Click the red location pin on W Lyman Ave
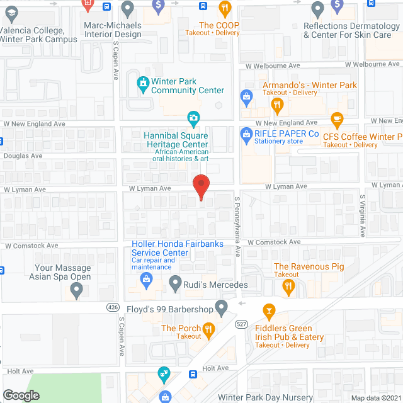[x=201, y=187]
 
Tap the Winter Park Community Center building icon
[x=143, y=82]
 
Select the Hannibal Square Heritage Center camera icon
[x=193, y=118]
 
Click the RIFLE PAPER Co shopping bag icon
[x=246, y=134]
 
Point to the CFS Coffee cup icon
[x=337, y=119]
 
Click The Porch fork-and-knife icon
[x=210, y=328]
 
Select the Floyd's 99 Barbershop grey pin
[x=221, y=307]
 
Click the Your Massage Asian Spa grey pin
[x=77, y=290]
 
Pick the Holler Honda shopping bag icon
[x=147, y=279]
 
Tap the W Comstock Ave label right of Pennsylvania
[x=274, y=242]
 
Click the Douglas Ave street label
[x=23, y=156]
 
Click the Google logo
[x=20, y=395]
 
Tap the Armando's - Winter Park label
[x=310, y=85]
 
